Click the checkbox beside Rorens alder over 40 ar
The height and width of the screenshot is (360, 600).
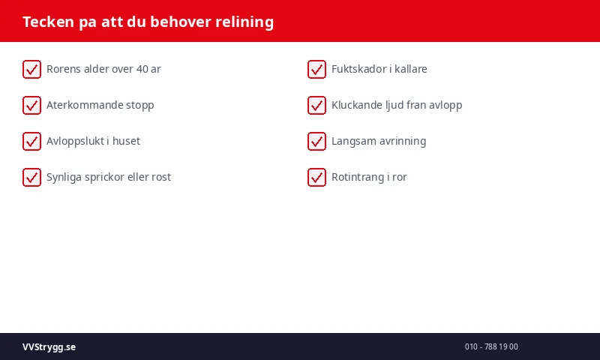pos(31,69)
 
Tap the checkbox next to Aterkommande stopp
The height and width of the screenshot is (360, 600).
pos(31,105)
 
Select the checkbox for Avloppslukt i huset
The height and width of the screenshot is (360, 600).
pos(31,141)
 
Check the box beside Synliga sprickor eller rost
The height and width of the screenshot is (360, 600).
pos(31,177)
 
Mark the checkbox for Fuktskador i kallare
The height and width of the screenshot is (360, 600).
pos(316,69)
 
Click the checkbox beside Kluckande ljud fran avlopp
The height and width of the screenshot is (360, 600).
pos(316,105)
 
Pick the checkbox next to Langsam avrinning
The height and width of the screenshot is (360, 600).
pos(316,141)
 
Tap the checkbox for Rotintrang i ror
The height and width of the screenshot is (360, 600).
pos(316,177)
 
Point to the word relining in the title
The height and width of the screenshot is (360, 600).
pos(244,22)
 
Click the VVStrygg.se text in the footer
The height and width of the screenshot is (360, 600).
pos(49,346)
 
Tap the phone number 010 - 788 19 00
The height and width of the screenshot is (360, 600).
pos(491,346)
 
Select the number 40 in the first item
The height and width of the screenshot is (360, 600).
pos(142,69)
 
